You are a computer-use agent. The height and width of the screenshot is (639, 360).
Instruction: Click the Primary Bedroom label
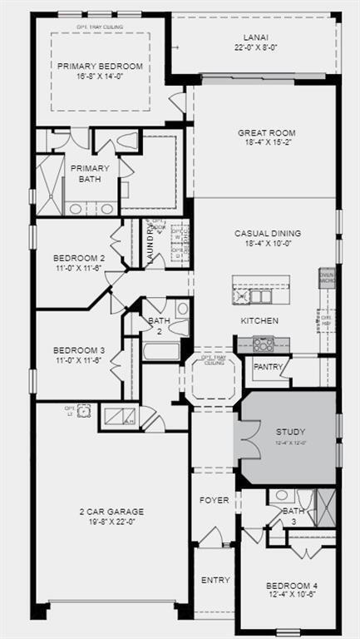coord(100,67)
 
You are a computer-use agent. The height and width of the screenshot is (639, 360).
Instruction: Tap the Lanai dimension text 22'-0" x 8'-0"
coord(256,48)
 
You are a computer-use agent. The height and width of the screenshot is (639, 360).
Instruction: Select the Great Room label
coord(267,133)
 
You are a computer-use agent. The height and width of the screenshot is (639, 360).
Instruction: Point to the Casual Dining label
coord(268,234)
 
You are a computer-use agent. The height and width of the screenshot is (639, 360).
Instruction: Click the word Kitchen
coord(259,320)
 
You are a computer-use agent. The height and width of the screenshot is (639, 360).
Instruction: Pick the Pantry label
coord(269,366)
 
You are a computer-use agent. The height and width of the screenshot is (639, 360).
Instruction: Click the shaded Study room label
coord(290,432)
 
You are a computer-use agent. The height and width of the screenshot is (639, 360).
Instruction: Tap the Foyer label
coord(214,500)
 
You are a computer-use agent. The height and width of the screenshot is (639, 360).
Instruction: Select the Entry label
coord(215,580)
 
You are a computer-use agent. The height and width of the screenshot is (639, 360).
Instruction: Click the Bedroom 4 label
coord(291,586)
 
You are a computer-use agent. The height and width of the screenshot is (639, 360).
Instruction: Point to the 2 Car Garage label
coord(112,511)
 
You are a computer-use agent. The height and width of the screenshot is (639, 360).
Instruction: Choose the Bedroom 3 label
coord(79,349)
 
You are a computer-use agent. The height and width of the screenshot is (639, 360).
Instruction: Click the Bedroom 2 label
coord(79,258)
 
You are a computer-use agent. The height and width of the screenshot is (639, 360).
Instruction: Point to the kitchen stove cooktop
coord(264,343)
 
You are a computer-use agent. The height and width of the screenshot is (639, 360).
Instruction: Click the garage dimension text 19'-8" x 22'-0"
coord(112,522)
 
